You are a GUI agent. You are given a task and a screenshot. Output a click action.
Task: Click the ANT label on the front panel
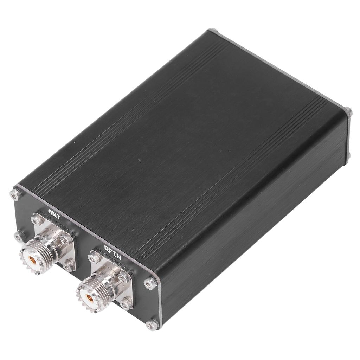pos(54,214)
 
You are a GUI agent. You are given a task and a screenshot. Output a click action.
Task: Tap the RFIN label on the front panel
pos(112,252)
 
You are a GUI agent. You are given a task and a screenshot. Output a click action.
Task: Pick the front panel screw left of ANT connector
pos(19,236)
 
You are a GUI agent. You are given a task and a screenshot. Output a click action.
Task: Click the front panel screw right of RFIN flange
pos(150,282)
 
